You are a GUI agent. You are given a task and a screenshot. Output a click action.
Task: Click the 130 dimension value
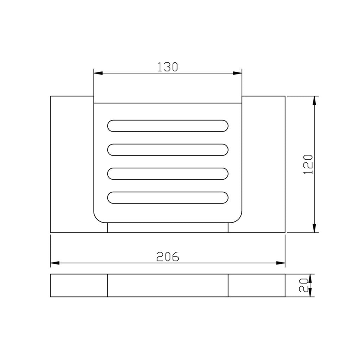[x=168, y=67]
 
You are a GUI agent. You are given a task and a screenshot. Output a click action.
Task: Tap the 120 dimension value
[x=308, y=165]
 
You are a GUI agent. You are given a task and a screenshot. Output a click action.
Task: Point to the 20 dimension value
[x=303, y=285]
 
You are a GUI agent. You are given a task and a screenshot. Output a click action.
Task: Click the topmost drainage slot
[x=168, y=126]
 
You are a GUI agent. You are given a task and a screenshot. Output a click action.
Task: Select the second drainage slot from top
[x=168, y=150]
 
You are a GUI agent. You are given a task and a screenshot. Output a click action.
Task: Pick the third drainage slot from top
[x=168, y=174]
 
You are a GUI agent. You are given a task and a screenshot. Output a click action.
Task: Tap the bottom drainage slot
[x=168, y=198]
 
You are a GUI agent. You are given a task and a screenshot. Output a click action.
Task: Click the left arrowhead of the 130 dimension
[x=98, y=73]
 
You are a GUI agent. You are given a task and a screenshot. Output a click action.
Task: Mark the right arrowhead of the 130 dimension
[x=238, y=73]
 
